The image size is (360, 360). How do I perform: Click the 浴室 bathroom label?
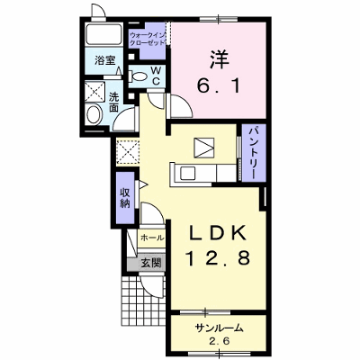point(105,60)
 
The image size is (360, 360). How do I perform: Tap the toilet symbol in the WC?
point(137,76)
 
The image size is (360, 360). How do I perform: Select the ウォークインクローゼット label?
point(148,39)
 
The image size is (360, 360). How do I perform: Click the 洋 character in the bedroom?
point(219,58)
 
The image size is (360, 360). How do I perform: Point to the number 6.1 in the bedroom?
point(219,86)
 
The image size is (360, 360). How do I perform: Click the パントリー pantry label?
point(254,153)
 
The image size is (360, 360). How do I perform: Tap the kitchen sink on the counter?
point(187,174)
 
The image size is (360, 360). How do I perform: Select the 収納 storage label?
point(125,198)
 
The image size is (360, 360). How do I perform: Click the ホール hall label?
point(152,238)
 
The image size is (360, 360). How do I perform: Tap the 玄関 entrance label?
point(151,264)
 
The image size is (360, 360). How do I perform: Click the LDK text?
point(218,233)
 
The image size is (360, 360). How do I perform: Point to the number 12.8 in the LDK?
point(218,258)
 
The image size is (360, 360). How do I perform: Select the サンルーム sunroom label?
point(219,328)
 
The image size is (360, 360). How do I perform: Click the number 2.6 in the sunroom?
point(219,342)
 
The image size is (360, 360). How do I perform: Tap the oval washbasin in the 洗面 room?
point(94,113)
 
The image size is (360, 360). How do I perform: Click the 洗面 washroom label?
point(113,103)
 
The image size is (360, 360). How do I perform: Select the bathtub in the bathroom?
point(103,34)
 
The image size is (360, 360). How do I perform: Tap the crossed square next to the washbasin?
point(94,91)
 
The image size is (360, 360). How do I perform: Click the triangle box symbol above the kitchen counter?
point(204,148)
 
